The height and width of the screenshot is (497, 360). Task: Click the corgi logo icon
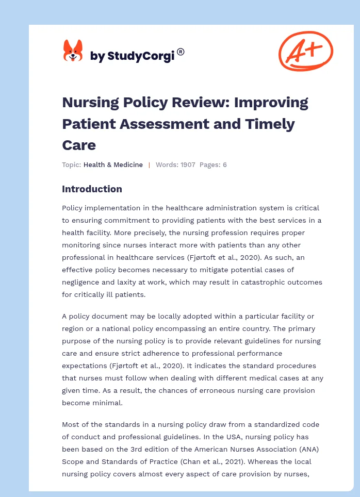point(73,51)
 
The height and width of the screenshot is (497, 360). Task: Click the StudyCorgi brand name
point(132,56)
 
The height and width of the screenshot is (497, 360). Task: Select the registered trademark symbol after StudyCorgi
point(181,52)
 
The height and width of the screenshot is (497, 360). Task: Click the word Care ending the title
point(79,145)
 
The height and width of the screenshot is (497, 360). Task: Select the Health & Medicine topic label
point(113,165)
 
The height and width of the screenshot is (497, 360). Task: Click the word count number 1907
point(187,165)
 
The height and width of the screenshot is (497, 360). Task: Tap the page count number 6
point(224,165)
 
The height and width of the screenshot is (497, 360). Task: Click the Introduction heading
point(92,189)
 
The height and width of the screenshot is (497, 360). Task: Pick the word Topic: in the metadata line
point(71,165)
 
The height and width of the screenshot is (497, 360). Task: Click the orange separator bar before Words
point(149,165)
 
